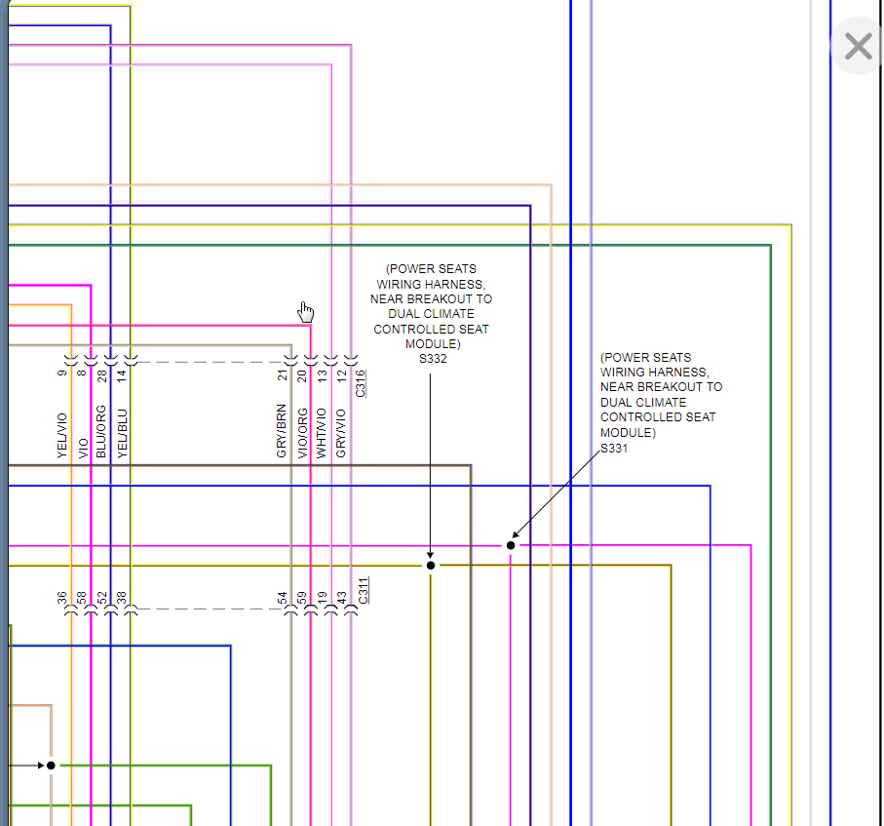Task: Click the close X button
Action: point(858,46)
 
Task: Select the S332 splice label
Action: point(433,359)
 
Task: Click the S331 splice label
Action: point(614,448)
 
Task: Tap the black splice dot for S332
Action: point(431,565)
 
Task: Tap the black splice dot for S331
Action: point(511,545)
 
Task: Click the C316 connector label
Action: point(361,382)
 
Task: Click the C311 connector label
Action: point(362,591)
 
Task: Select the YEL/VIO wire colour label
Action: point(62,434)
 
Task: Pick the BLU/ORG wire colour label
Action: point(101,431)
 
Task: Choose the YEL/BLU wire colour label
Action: point(122,433)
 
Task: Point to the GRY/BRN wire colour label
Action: point(282,430)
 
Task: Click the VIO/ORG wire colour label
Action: point(302,432)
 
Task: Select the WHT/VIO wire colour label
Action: point(322,432)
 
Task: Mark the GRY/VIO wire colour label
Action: point(341,433)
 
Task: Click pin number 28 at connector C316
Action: point(101,374)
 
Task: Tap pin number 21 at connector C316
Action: point(282,374)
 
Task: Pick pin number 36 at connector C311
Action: point(61,597)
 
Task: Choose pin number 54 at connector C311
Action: point(282,597)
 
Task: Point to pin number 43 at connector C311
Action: point(341,597)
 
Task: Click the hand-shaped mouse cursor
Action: point(306,311)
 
